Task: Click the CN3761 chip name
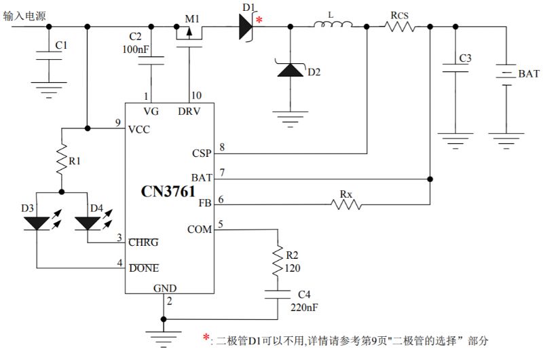(x=169, y=192)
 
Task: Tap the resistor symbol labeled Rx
(x=346, y=203)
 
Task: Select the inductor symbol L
(x=333, y=26)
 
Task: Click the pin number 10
(x=196, y=95)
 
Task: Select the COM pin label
(x=200, y=230)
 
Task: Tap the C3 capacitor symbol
(x=449, y=68)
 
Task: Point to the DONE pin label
(x=144, y=268)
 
